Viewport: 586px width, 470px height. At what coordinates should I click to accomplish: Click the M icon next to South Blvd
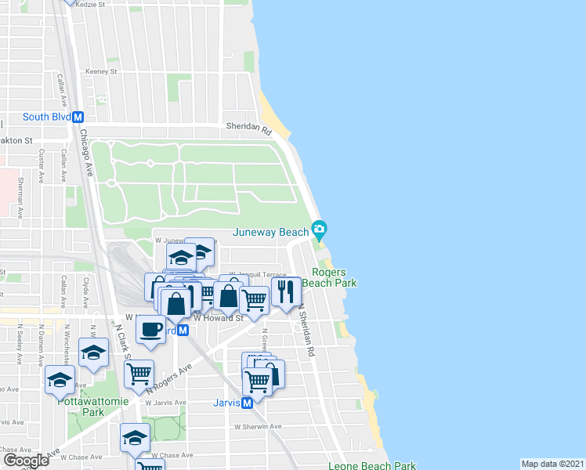78,117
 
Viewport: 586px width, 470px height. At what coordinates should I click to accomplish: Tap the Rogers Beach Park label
329,277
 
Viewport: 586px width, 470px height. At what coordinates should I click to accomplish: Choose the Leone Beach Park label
371,465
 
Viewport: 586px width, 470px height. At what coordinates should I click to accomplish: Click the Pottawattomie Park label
81,406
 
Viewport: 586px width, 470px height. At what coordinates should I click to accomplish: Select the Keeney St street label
101,71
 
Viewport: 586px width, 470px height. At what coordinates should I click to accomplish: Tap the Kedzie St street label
90,5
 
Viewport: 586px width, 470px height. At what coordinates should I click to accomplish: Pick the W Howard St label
219,318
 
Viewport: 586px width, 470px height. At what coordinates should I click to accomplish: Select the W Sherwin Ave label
258,426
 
